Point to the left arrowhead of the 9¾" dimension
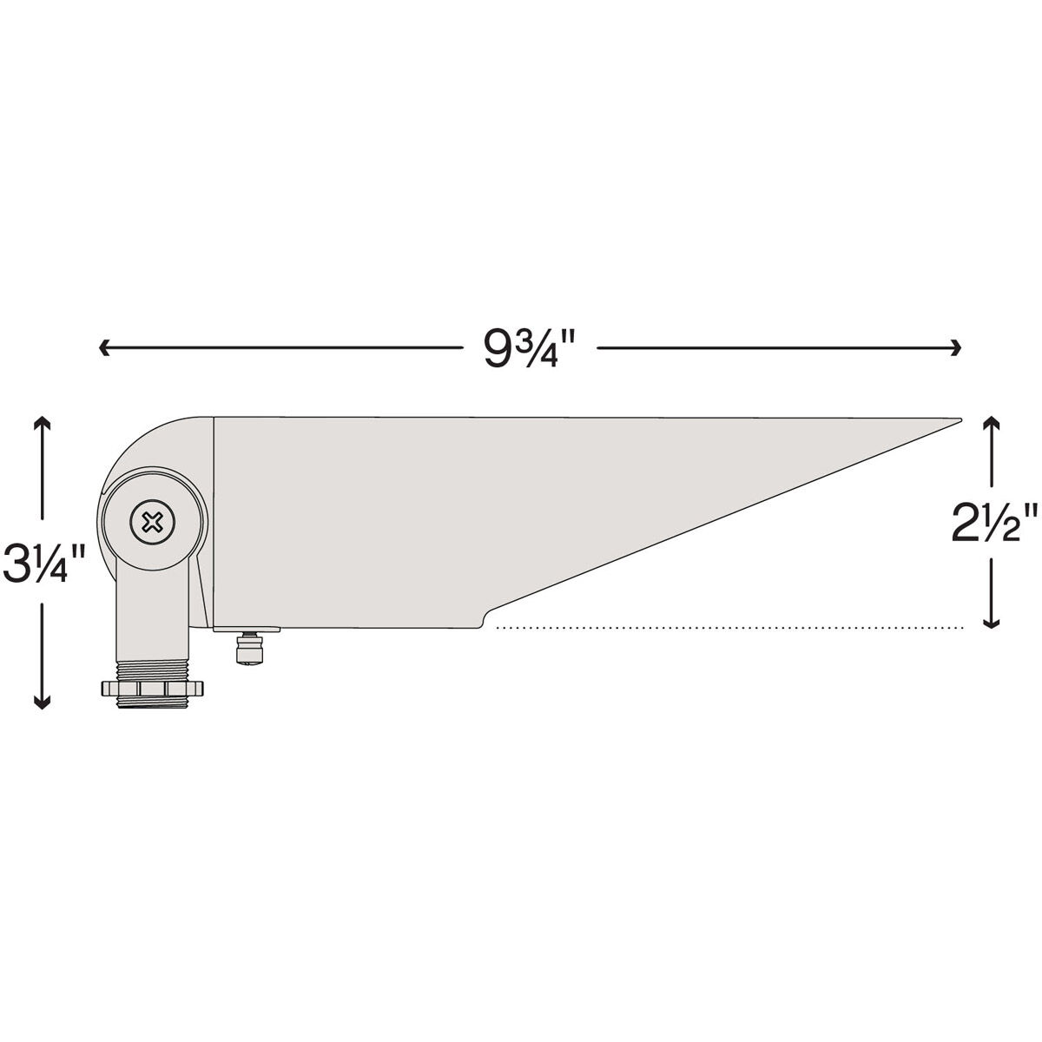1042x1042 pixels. pos(103,348)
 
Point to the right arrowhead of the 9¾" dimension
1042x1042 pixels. pos(957,348)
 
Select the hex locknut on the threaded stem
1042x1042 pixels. pos(151,689)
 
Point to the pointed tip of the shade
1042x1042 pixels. pos(957,419)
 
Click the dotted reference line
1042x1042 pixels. pos(729,626)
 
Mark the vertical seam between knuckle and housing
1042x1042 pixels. pos(214,521)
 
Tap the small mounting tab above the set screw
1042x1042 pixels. pos(248,630)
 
